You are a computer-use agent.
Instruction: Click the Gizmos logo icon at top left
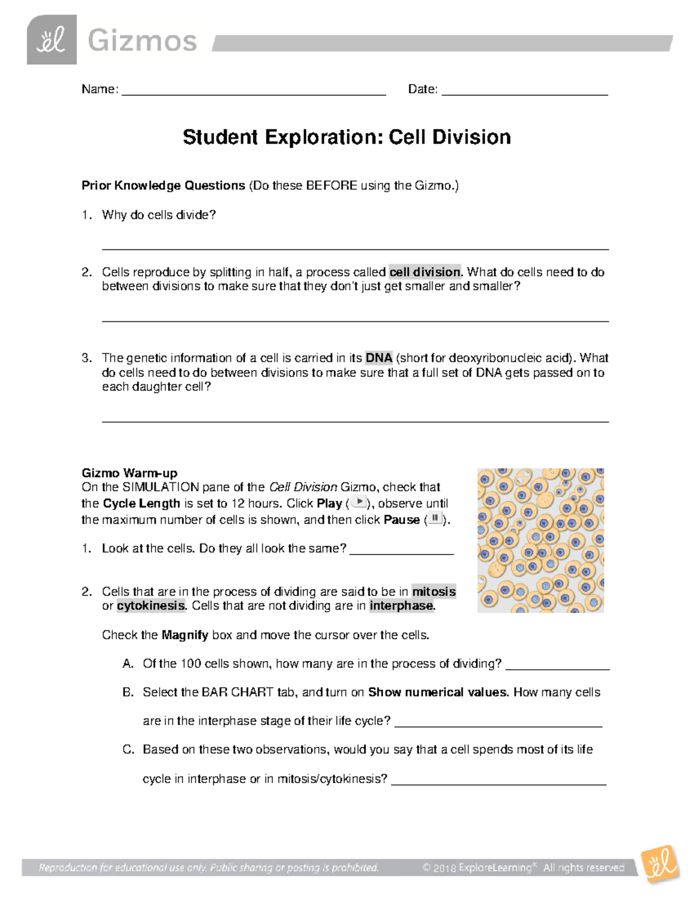coord(51,40)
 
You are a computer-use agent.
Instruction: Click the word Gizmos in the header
coord(142,41)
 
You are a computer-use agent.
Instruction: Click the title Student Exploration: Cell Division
coord(346,137)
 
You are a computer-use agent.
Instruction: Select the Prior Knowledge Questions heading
coord(164,186)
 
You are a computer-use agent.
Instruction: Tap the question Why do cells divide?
coord(158,215)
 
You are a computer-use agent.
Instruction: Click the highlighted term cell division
coord(425,272)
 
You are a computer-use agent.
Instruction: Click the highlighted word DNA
coord(379,358)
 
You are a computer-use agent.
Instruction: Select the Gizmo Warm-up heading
coord(130,473)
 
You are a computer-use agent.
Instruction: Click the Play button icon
coord(359,502)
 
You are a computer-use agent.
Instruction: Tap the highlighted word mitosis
coord(434,592)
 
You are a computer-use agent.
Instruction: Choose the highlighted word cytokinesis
coord(151,606)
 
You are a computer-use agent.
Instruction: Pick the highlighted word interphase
coord(401,606)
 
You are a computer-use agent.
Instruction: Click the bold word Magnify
coord(185,635)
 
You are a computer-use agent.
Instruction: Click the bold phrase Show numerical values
coord(438,692)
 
